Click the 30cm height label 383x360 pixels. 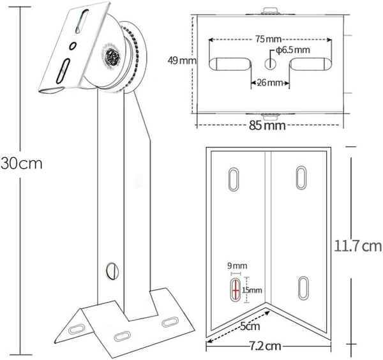coord(21,163)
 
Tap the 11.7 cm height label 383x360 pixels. coord(357,245)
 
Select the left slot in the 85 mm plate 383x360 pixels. coord(230,64)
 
